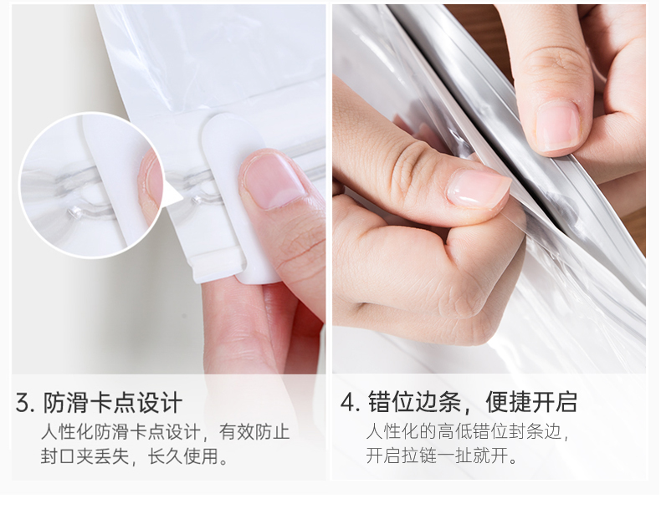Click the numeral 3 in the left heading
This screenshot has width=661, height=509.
(23, 403)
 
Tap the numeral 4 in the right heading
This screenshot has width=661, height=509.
(347, 402)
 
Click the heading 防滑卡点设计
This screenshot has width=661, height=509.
(113, 403)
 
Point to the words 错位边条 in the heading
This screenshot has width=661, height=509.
(414, 402)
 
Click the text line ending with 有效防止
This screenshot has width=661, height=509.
(166, 432)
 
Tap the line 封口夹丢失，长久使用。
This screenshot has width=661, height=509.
(134, 456)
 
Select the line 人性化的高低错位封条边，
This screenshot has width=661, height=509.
(468, 432)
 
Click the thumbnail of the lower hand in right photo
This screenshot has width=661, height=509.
(479, 188)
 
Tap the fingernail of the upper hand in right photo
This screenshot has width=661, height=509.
(557, 127)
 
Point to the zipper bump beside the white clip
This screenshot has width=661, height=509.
(197, 200)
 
